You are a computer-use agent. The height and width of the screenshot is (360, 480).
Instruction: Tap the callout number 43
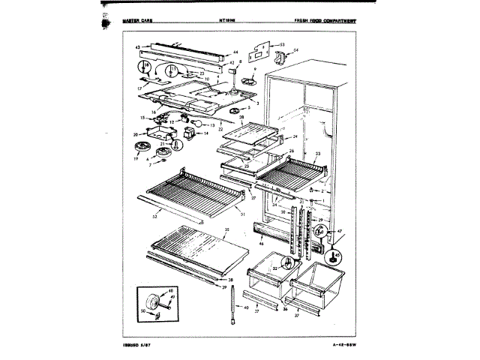pyautogui.click(x=138, y=47)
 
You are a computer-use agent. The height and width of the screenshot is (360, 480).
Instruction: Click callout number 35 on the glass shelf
pyautogui.click(x=226, y=229)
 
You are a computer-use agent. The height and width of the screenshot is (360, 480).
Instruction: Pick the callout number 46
pyautogui.click(x=261, y=244)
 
